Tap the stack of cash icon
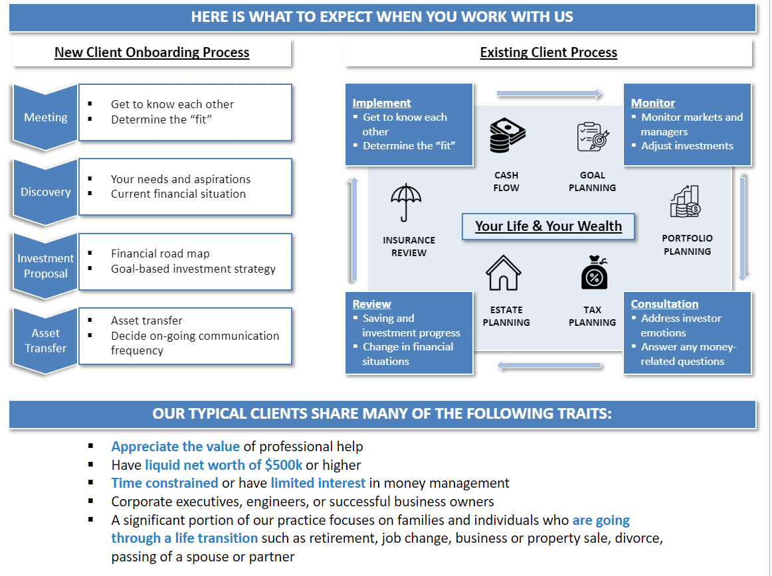[507, 135]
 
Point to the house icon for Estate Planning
[504, 272]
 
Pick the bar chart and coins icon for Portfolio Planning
[685, 202]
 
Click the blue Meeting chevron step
[46, 117]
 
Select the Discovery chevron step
[46, 192]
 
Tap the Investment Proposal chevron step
[46, 265]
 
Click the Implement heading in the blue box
[381, 103]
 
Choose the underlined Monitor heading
[652, 103]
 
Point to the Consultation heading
[664, 304]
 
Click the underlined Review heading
[371, 304]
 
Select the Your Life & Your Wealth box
[548, 226]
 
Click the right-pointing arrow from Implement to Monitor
[549, 94]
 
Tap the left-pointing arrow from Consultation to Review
[549, 366]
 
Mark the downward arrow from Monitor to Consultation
[743, 228]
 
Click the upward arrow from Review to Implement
[354, 228]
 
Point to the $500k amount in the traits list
[284, 465]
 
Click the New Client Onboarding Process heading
[151, 52]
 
